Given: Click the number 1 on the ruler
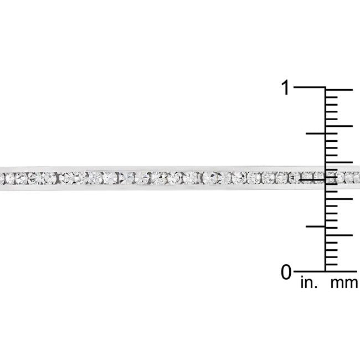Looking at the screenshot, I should point(285,88).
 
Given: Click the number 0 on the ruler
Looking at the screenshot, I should point(286,272).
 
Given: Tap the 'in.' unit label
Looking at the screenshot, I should point(308,284).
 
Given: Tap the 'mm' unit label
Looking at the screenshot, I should point(344,284).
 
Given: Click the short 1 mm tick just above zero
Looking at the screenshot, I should point(332,264).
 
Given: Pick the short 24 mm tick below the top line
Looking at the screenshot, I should point(332,97).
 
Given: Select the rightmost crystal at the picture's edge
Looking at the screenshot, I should point(356,177).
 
